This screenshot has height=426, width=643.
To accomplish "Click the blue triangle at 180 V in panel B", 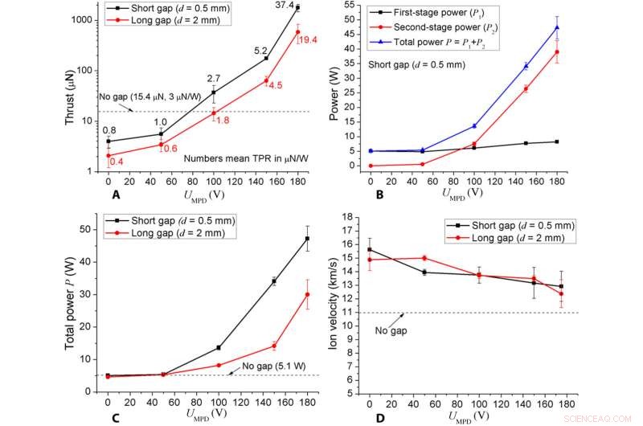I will pyautogui.click(x=557, y=27).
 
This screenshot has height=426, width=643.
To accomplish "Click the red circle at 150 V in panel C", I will pyautogui.click(x=274, y=346).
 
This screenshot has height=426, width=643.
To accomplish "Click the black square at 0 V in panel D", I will pyautogui.click(x=370, y=249).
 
